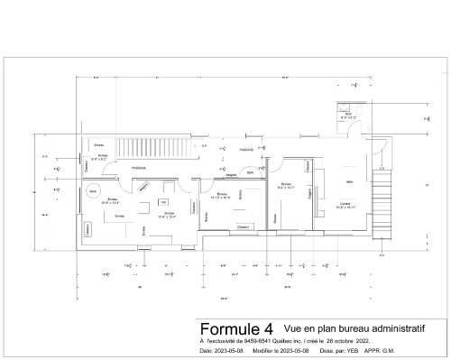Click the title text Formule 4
pos(223,328)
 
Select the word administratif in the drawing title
pos(396,329)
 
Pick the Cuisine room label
pos(345,205)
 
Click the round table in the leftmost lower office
pos(93,190)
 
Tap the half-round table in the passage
pos(250,171)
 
